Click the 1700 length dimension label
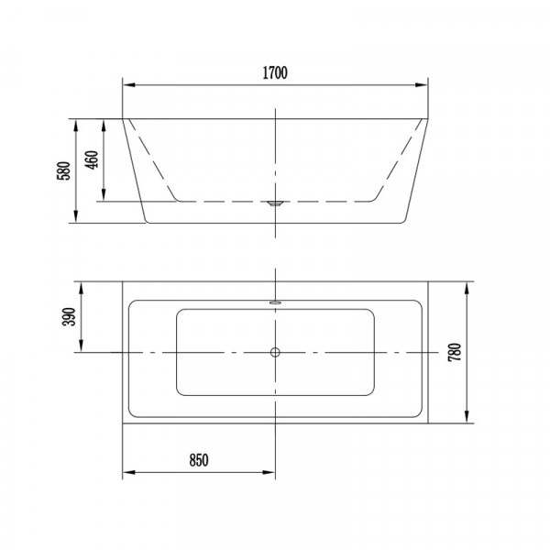point(275,73)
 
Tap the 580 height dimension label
point(64,170)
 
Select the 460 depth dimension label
point(92,159)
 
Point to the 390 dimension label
point(69,316)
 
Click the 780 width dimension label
point(455,353)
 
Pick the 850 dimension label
point(199,460)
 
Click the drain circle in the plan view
point(275,352)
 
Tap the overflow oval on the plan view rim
point(275,302)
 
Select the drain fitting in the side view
point(275,203)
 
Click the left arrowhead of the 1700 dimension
point(129,85)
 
